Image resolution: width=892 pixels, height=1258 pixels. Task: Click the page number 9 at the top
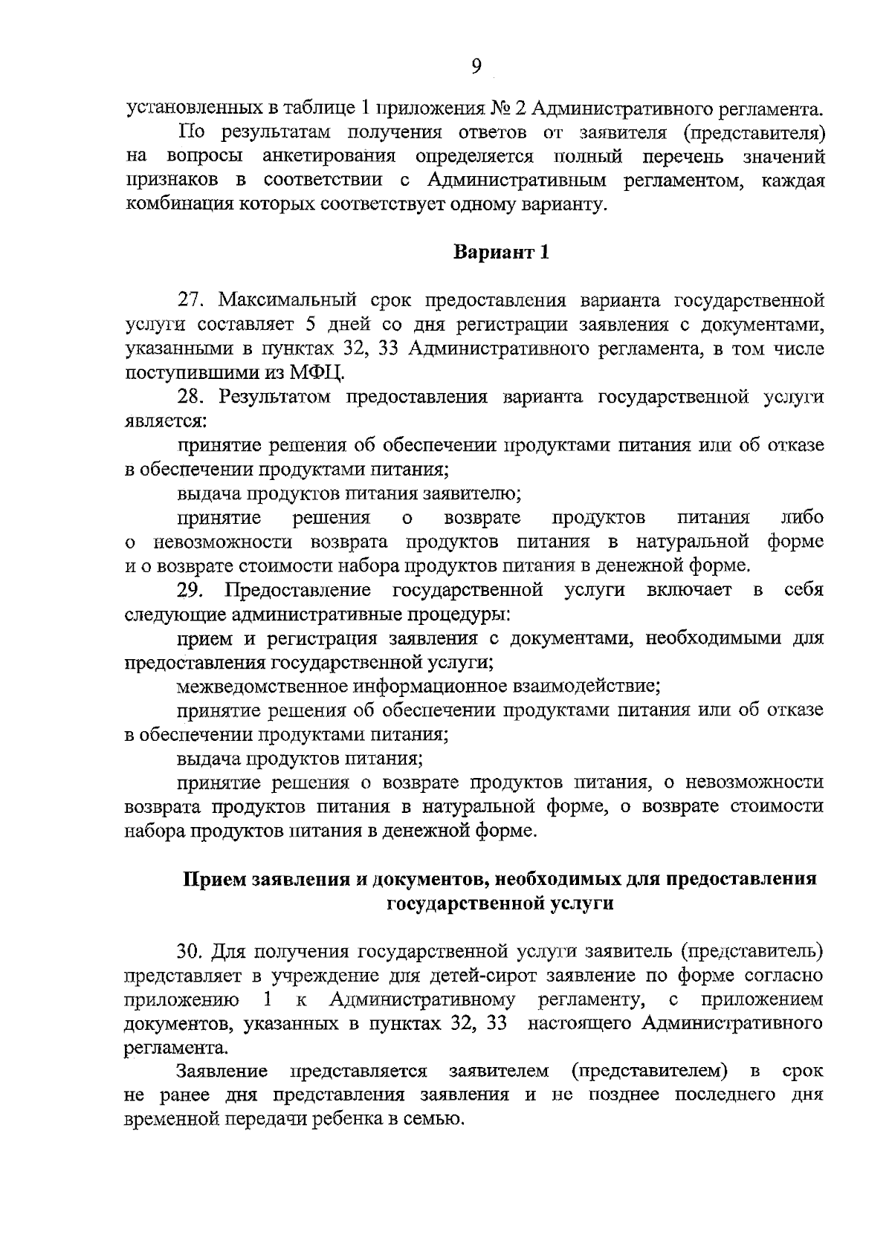point(476,67)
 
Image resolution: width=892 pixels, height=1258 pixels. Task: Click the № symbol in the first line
point(499,109)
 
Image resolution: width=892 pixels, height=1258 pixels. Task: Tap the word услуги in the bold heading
point(583,904)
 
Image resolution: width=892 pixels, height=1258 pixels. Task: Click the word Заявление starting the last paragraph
point(222,1071)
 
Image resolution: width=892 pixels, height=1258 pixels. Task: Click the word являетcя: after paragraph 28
point(166,421)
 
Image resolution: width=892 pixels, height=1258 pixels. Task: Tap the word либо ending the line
point(803,518)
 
